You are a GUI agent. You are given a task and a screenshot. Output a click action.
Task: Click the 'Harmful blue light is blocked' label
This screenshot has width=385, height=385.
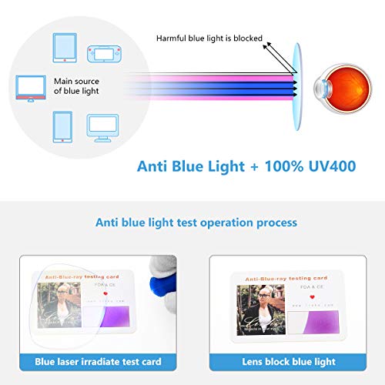209,38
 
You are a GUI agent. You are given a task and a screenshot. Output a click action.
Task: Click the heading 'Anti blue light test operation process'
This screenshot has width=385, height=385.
196,223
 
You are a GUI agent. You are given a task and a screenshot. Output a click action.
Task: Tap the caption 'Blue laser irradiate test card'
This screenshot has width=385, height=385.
98,358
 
